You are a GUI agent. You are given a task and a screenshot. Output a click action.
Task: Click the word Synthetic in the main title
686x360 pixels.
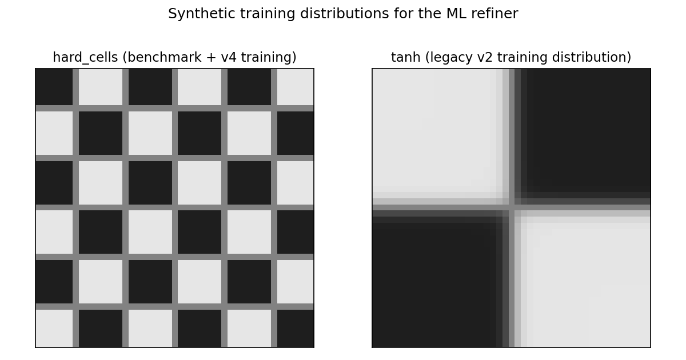tap(202, 14)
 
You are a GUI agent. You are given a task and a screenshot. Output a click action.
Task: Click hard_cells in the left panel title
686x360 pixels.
tap(85, 58)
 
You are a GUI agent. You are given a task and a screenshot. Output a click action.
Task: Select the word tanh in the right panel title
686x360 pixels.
tap(405, 58)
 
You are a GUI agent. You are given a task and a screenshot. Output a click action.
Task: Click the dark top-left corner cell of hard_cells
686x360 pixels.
tap(54, 87)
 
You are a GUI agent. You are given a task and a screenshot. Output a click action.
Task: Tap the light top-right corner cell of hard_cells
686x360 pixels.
tap(295, 87)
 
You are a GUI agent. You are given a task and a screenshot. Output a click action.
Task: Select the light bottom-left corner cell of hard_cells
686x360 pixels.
tap(54, 328)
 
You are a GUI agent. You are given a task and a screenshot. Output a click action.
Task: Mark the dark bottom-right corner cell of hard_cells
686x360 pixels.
tap(295, 328)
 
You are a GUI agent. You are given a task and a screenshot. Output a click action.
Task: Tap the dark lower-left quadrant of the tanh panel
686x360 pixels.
tap(435, 282)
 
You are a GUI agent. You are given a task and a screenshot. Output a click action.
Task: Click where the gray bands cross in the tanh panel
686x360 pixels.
tap(512, 207)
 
